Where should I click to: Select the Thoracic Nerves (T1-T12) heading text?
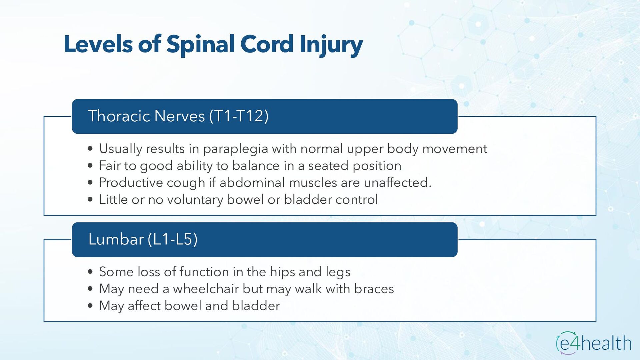[178, 116]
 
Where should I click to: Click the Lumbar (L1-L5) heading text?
[143, 239]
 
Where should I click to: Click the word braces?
[374, 289]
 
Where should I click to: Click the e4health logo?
[594, 343]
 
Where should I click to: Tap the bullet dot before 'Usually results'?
[90, 149]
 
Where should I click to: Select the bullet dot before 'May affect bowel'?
[90, 306]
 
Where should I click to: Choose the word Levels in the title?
[98, 44]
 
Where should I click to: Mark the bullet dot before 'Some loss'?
[90, 272]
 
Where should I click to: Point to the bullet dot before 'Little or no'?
[90, 200]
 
